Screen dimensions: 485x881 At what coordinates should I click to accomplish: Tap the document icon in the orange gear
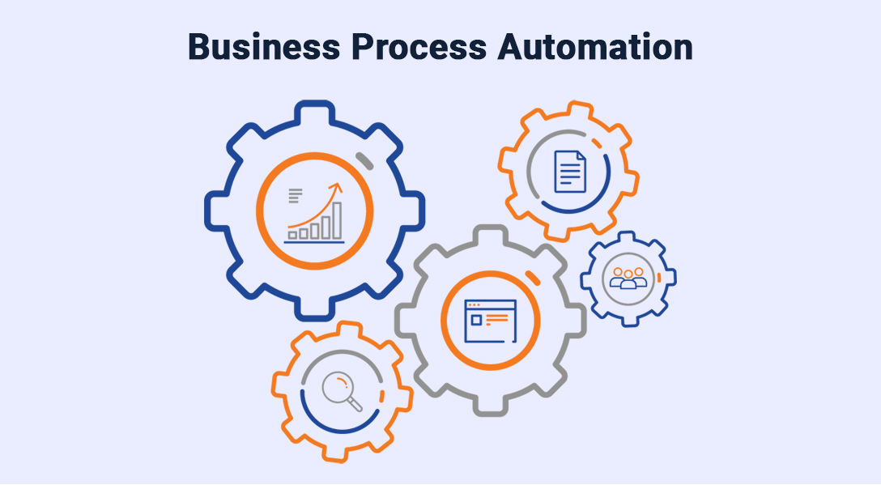tap(569, 172)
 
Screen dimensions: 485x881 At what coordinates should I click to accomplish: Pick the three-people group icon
tap(628, 278)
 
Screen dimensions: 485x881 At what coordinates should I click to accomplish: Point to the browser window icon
tap(490, 321)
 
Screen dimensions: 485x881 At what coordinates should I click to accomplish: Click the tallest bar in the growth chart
tap(336, 219)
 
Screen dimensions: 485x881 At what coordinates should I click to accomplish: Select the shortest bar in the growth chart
tap(292, 236)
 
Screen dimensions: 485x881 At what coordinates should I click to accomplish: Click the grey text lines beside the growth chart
tap(295, 196)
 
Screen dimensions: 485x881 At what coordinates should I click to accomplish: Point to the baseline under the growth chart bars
tap(314, 241)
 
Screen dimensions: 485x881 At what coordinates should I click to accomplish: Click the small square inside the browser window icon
tap(476, 321)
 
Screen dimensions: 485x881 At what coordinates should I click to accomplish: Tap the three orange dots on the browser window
tap(473, 305)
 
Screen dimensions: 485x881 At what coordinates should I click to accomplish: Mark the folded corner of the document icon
tap(580, 155)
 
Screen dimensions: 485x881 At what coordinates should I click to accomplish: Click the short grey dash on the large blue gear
tap(365, 160)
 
